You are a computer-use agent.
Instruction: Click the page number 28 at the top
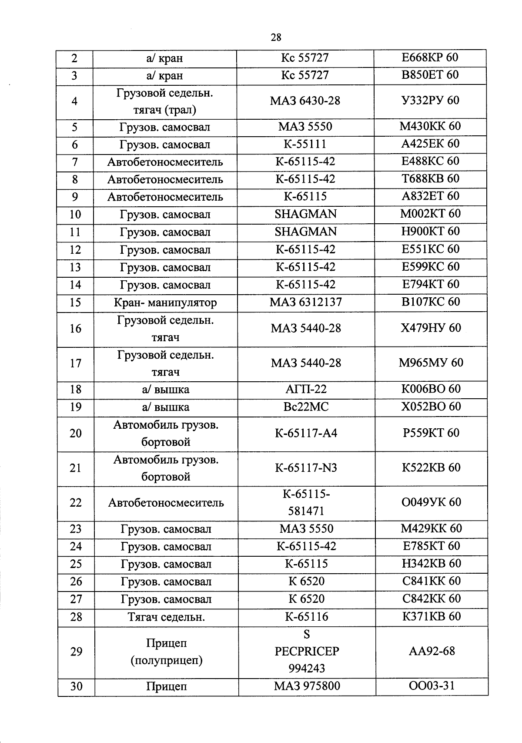[276, 37]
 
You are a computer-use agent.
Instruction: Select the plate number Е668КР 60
[429, 57]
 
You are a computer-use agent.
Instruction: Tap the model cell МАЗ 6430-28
[305, 101]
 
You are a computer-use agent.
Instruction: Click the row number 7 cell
[75, 162]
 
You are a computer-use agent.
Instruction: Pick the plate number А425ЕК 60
[430, 144]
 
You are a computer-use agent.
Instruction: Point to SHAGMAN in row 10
[305, 214]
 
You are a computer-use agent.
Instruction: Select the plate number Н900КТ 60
[430, 231]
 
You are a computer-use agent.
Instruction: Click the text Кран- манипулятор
[165, 303]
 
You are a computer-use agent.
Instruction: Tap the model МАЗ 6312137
[305, 302]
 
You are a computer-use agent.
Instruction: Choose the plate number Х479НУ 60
[430, 328]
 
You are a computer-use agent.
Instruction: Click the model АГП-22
[306, 389]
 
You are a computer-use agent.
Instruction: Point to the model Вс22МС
[306, 407]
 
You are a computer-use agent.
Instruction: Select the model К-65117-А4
[306, 433]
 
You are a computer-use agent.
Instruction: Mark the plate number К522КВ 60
[431, 467]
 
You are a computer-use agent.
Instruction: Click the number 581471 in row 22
[306, 511]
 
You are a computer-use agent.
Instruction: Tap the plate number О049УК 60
[431, 502]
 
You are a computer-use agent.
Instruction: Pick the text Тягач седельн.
[166, 617]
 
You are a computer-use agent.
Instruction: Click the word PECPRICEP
[307, 652]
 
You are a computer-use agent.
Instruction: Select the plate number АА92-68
[432, 651]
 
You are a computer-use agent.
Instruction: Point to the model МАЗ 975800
[307, 686]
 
